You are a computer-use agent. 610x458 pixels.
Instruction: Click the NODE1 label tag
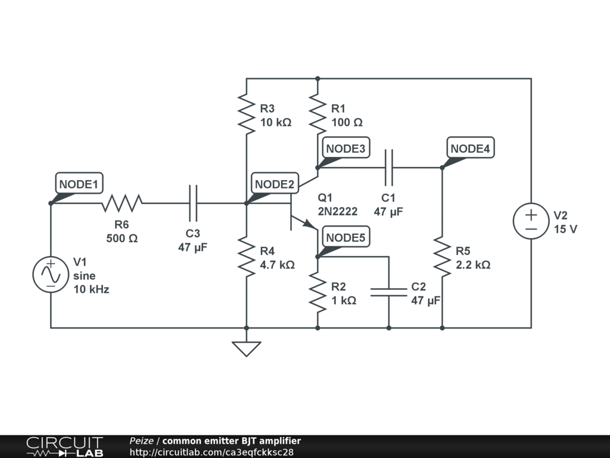(x=79, y=184)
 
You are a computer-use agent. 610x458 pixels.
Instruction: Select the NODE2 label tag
(x=275, y=184)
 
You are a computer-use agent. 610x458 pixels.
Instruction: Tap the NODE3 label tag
(x=346, y=148)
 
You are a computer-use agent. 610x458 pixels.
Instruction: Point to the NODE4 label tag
(x=471, y=148)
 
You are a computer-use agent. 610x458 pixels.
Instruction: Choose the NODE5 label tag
(x=346, y=237)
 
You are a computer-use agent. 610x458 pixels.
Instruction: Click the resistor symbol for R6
(x=122, y=203)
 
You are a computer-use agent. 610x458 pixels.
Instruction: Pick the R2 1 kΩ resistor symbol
(x=318, y=292)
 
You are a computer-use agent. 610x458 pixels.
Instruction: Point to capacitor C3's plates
(x=193, y=203)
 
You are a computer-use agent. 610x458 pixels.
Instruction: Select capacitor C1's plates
(x=389, y=168)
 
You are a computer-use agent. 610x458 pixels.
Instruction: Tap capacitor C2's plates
(x=388, y=292)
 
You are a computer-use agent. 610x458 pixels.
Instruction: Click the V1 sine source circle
(x=51, y=274)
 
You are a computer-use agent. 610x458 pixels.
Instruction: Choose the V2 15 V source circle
(x=531, y=221)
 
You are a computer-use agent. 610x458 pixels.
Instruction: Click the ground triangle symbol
(x=247, y=348)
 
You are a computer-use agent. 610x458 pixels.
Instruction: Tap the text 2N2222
(x=338, y=211)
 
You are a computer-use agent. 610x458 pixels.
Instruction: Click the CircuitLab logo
(x=64, y=447)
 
